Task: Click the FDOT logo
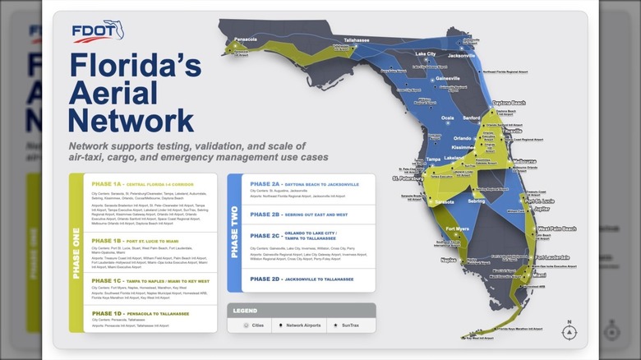coord(98,31)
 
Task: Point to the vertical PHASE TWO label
coord(234,232)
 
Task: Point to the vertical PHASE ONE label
coord(76,252)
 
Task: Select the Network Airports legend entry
coord(301,325)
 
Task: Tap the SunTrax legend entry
coord(349,325)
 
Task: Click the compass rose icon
coord(569,331)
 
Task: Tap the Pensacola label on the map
coord(245,39)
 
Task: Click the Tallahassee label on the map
coord(356,39)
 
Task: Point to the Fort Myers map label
coord(457,228)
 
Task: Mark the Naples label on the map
coord(447,259)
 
